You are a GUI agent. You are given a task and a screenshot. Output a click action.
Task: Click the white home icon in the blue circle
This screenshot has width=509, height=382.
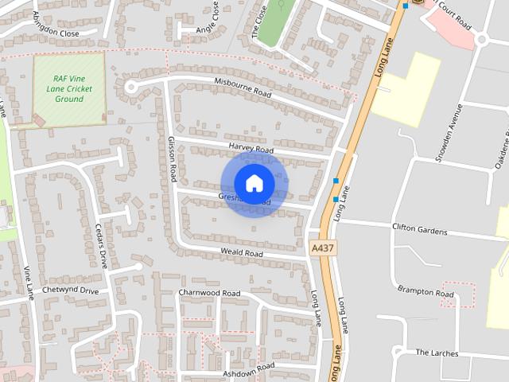[x=254, y=184]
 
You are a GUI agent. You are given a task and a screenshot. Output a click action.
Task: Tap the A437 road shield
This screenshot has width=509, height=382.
[x=322, y=248]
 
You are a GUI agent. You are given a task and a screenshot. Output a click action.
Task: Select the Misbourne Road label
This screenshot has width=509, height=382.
[x=243, y=86]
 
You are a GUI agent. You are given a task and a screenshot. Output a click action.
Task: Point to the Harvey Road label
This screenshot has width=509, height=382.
[x=251, y=149]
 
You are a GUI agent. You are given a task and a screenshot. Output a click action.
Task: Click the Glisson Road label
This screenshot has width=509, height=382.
[x=171, y=159]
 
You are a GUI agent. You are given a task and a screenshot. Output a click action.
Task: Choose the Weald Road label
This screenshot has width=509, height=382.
[x=242, y=253]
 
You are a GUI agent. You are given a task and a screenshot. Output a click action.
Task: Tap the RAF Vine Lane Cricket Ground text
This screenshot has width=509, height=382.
[x=69, y=88]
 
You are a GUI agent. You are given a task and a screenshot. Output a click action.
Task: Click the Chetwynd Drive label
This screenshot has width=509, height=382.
[x=70, y=290]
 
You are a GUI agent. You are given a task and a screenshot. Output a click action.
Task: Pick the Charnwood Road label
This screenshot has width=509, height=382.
[x=209, y=293]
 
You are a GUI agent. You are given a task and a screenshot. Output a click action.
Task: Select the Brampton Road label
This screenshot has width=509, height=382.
[x=425, y=292]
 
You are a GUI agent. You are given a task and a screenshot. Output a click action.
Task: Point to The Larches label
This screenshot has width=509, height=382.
[x=437, y=352]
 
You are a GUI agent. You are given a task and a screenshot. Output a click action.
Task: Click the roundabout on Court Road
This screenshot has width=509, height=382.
[x=482, y=39]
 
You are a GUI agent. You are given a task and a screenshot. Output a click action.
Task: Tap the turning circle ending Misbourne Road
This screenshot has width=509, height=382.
[x=132, y=86]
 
